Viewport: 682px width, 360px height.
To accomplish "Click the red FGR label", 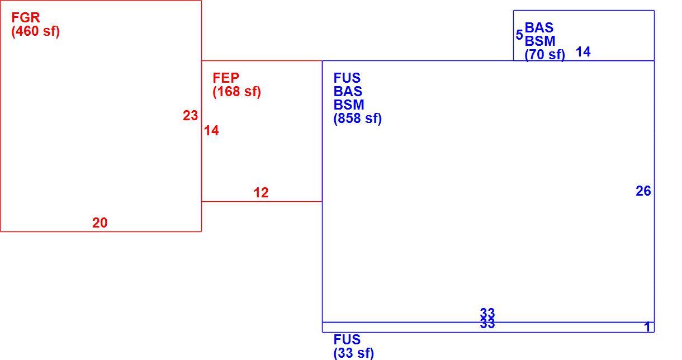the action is [26, 18].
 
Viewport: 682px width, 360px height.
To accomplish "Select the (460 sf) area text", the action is [35, 31].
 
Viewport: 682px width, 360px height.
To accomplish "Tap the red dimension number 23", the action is [190, 116].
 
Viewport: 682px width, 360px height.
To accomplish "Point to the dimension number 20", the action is [100, 223].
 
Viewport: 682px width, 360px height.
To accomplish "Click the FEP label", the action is [226, 78].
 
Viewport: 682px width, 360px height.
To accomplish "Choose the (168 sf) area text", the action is [236, 92].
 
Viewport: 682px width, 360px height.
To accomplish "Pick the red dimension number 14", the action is [211, 131].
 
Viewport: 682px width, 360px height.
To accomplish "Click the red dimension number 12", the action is [261, 193].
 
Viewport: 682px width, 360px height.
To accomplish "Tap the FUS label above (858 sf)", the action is [347, 78].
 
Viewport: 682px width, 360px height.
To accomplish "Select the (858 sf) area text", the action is [357, 119].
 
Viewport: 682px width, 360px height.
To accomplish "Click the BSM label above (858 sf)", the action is [349, 105].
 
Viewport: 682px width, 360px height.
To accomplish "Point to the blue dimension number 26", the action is [643, 191].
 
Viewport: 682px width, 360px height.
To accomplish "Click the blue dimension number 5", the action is [519, 35].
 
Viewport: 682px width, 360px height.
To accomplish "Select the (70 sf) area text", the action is [544, 55].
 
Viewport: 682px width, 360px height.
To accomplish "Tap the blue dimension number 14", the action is [583, 52].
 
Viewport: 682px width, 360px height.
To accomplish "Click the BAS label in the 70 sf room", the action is [539, 28].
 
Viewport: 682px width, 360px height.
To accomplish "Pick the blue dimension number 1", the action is [647, 327].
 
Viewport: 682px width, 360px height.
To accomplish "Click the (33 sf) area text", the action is [353, 353].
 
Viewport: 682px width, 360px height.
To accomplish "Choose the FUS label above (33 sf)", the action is [347, 339].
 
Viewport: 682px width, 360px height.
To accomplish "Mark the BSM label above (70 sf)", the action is [540, 41].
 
